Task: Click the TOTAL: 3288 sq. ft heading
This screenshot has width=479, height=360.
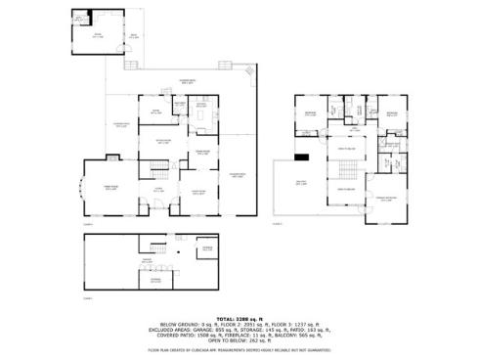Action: (x=239, y=318)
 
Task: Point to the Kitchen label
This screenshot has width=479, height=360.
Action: (x=200, y=105)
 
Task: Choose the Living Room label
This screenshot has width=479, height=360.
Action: (x=198, y=193)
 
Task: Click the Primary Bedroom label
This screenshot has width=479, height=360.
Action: (x=387, y=199)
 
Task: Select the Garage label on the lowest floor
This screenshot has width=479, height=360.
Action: (x=147, y=260)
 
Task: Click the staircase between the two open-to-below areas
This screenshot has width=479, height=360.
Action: (x=344, y=174)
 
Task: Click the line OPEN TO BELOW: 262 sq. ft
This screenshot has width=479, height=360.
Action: (x=239, y=341)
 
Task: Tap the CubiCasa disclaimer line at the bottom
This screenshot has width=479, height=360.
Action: (x=239, y=349)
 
